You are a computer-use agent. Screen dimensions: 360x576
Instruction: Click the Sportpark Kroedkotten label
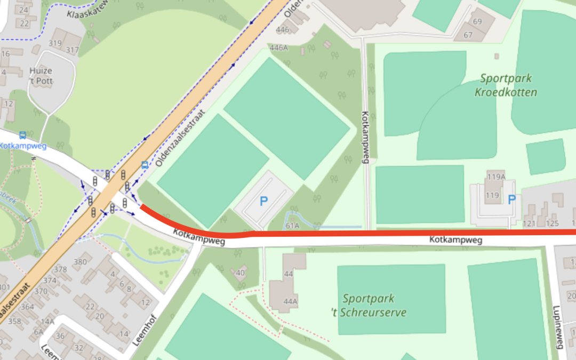505,85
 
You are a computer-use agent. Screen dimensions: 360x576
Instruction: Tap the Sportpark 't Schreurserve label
374,306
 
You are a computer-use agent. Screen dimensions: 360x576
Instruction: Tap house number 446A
279,47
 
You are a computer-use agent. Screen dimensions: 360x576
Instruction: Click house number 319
55,44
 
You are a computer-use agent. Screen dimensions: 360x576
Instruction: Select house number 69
477,22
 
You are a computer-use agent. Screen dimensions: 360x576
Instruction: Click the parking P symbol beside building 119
511,200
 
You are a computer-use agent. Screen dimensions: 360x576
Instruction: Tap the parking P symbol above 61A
263,201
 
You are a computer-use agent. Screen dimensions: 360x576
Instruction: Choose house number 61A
292,226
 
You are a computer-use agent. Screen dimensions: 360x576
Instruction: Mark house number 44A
290,301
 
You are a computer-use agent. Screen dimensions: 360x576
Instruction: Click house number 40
240,273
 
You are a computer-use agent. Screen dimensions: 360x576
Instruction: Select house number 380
79,261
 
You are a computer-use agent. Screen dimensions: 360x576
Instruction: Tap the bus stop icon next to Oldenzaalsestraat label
145,165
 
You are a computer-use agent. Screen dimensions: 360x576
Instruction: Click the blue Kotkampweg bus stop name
23,146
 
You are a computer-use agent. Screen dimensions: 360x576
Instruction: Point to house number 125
552,223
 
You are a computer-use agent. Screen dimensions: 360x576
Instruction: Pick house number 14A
48,321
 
